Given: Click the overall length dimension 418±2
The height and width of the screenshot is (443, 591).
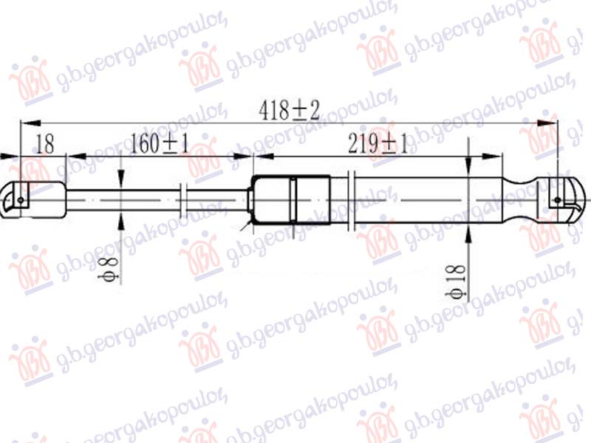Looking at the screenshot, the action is (x=289, y=111).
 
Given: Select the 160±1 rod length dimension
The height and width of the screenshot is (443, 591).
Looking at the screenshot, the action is (x=159, y=143).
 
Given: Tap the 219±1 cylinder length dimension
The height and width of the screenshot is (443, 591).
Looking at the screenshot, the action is (x=378, y=144).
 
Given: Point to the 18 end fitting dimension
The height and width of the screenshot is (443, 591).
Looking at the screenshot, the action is (x=45, y=144).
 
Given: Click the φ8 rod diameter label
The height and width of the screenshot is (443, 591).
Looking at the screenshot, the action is (x=109, y=269).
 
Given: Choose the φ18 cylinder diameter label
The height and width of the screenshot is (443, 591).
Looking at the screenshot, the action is (x=455, y=281).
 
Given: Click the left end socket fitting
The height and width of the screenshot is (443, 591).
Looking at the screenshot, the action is (x=33, y=200).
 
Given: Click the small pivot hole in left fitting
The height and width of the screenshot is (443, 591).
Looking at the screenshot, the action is (x=21, y=200).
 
